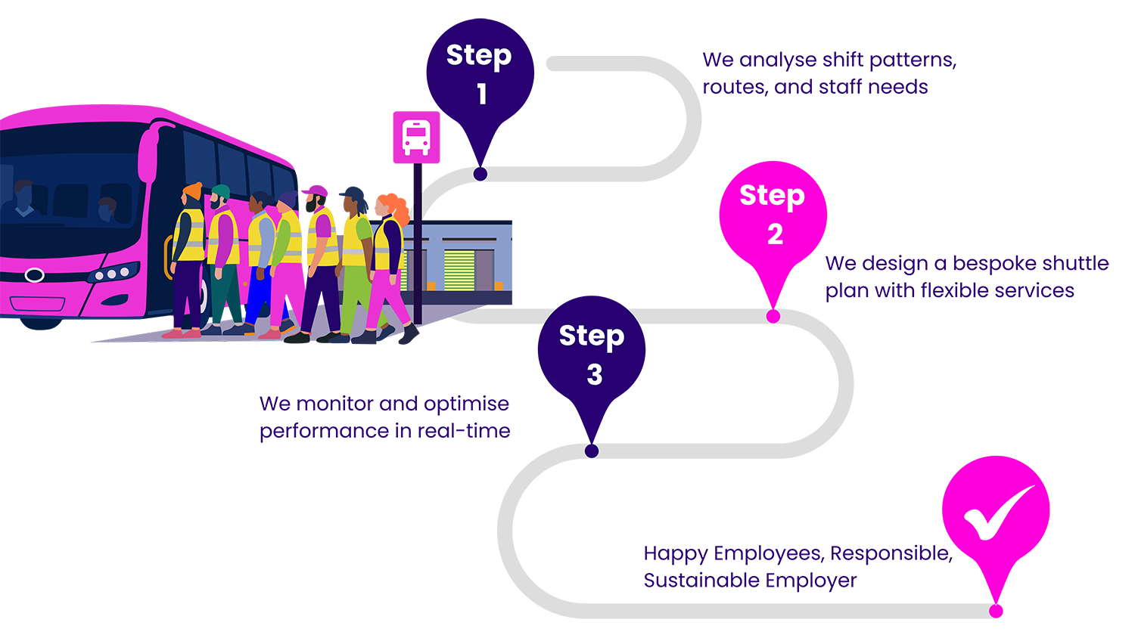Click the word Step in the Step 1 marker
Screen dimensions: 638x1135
click(x=478, y=56)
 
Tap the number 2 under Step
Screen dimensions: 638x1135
click(x=775, y=234)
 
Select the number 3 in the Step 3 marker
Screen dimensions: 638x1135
click(x=595, y=375)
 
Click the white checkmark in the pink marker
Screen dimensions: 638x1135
click(x=997, y=514)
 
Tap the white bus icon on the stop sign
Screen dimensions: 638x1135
click(x=416, y=137)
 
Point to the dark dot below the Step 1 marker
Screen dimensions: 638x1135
click(x=480, y=174)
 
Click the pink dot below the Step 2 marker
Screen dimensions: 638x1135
click(x=773, y=316)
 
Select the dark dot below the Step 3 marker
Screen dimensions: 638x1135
click(x=592, y=451)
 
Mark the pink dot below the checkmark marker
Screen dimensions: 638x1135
click(x=996, y=610)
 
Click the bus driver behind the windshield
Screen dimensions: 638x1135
click(x=24, y=200)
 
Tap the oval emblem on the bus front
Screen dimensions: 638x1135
click(x=34, y=275)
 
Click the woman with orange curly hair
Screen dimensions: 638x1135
click(x=390, y=257)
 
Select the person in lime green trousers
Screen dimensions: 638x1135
click(x=354, y=265)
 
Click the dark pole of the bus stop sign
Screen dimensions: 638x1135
click(x=417, y=242)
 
